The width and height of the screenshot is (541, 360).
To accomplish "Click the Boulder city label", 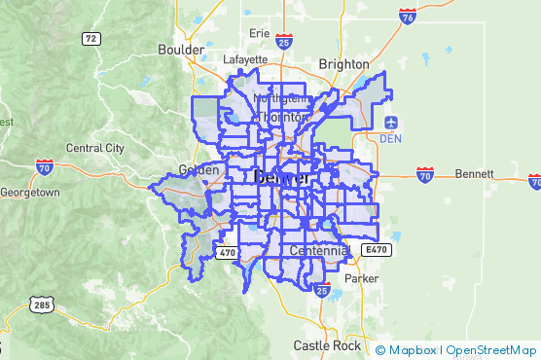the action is coord(181,49).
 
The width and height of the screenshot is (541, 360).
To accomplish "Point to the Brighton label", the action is coord(344,64).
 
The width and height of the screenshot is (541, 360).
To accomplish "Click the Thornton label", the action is coord(283,116).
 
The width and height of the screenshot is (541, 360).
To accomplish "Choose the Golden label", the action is coord(198,169).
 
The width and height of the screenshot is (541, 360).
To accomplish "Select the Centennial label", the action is coord(318,251).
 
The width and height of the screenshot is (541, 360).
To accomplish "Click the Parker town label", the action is coord(362,277).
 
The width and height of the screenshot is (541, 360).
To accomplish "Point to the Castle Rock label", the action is coord(327,345).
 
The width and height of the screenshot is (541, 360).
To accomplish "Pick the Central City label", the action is coord(94,148).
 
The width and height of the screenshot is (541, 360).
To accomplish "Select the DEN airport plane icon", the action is coord(391,123).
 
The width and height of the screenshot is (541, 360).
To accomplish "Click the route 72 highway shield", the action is coord(90,39).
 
